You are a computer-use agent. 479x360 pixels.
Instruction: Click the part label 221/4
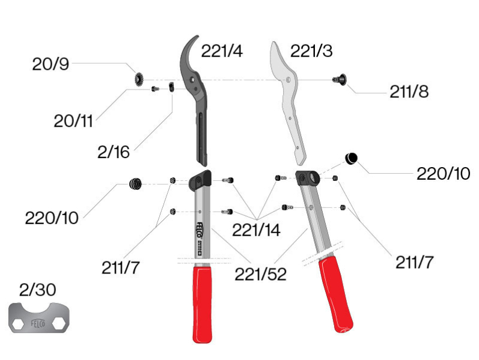(x=222, y=51)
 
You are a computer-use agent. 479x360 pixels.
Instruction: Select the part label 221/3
(x=311, y=51)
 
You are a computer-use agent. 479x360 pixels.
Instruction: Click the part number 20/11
(x=73, y=121)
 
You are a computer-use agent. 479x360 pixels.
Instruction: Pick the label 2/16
(x=113, y=153)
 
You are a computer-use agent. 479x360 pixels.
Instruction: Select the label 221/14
(x=256, y=230)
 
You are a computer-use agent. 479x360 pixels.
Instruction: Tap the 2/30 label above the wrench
(x=37, y=290)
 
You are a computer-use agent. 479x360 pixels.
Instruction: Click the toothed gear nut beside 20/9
(x=138, y=79)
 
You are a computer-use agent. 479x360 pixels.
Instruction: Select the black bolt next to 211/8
(x=340, y=79)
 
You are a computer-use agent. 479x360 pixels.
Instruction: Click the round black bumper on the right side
(x=351, y=158)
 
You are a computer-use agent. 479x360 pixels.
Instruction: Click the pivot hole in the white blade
(x=290, y=79)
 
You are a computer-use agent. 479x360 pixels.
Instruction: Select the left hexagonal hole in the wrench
(x=19, y=323)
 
